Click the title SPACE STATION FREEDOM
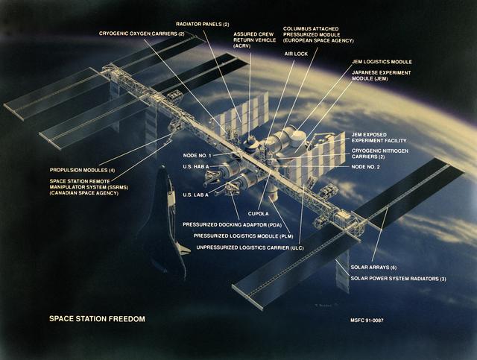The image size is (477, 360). [x=97, y=319]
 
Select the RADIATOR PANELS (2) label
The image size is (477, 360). [x=202, y=23]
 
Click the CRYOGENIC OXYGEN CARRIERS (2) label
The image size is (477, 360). [x=141, y=34]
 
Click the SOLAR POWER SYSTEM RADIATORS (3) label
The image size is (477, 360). [x=399, y=279]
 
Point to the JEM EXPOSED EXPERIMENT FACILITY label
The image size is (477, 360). [x=379, y=139]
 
